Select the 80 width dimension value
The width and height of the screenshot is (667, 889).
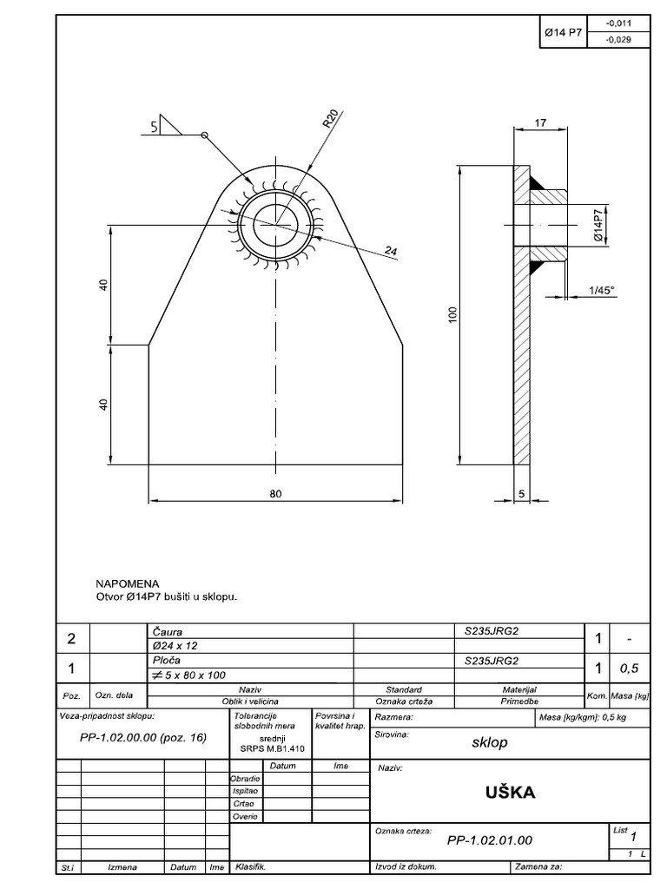pos(275,493)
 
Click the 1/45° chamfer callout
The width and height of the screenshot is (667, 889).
pos(600,290)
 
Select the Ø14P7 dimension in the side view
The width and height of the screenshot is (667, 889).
pos(598,224)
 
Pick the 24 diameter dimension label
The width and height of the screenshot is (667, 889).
pos(391,252)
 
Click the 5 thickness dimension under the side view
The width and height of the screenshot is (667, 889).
pos(521,493)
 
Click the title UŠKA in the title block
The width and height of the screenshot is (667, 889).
pos(511,793)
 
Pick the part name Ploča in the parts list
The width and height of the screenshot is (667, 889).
pos(165,660)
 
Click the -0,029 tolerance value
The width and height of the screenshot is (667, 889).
pos(617,40)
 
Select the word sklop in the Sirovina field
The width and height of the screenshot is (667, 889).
pos(490,743)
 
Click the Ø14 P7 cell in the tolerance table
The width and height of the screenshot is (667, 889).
pos(562,33)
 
